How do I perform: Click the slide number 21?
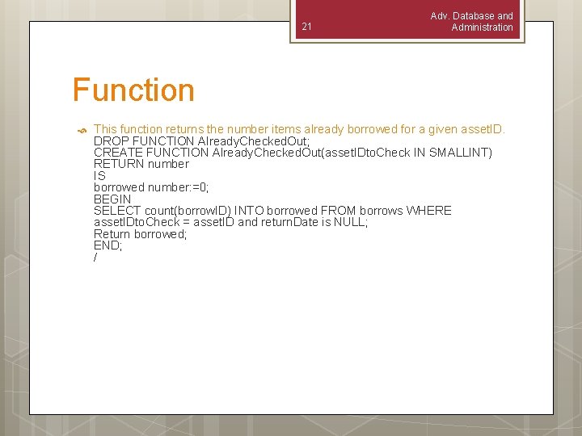point(306,27)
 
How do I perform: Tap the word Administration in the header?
point(482,27)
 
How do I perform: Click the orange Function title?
point(133,90)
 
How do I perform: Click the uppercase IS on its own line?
point(99,175)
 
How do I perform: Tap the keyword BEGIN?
point(112,199)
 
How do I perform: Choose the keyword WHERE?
point(428,211)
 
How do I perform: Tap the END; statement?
point(108,245)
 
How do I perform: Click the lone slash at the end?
point(95,258)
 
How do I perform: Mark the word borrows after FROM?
point(378,211)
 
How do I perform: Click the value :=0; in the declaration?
point(196,187)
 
